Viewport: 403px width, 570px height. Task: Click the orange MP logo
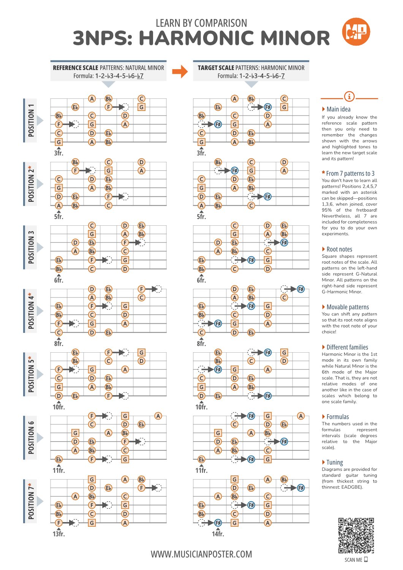point(356,32)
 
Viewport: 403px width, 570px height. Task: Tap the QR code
point(356,535)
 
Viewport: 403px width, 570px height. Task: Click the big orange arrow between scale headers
point(180,71)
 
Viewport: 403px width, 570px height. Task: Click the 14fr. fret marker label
point(218,534)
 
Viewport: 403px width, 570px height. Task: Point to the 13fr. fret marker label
point(59,534)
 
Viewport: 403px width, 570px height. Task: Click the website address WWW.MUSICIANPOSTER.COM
point(201,554)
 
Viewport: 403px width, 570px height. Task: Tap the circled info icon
point(349,97)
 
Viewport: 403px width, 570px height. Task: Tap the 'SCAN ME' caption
point(353,560)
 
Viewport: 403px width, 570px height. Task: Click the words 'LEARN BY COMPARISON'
point(201,23)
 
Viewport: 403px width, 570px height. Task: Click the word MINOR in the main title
point(296,38)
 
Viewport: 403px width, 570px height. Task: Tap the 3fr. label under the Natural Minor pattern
point(59,153)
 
